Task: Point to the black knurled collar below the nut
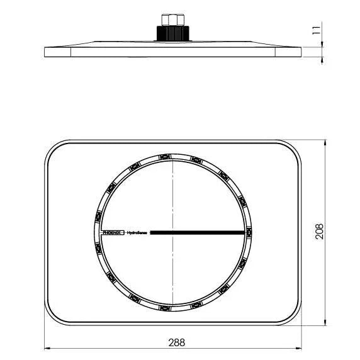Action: [x=172, y=32]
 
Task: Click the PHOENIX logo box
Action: [x=113, y=232]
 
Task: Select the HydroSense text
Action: [x=137, y=232]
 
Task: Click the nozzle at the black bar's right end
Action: [x=249, y=232]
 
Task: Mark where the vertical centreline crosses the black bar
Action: [x=172, y=232]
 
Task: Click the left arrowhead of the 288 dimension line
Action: [x=48, y=348]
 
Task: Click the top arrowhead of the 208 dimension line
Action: [x=325, y=143]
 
